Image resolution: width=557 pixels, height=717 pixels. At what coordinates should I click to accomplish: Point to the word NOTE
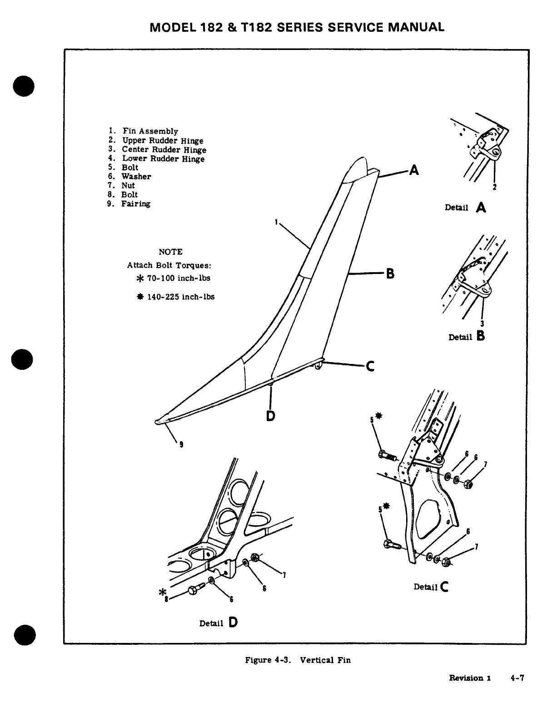pyautogui.click(x=170, y=252)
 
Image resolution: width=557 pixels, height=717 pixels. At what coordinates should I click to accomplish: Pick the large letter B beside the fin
pyautogui.click(x=390, y=274)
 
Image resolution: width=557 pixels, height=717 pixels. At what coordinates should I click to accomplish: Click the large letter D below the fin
pyautogui.click(x=270, y=415)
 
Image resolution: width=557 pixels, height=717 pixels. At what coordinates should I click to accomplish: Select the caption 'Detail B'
pyautogui.click(x=467, y=337)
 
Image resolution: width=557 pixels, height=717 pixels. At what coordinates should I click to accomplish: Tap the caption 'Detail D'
pyautogui.click(x=219, y=622)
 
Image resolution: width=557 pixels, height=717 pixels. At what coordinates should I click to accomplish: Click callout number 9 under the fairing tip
pyautogui.click(x=182, y=445)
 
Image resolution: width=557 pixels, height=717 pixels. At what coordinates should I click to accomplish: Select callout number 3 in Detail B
pyautogui.click(x=482, y=324)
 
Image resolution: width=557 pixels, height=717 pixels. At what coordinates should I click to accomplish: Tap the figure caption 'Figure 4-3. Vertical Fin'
pyautogui.click(x=298, y=660)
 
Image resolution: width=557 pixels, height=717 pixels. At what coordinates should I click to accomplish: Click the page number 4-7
pyautogui.click(x=517, y=678)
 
